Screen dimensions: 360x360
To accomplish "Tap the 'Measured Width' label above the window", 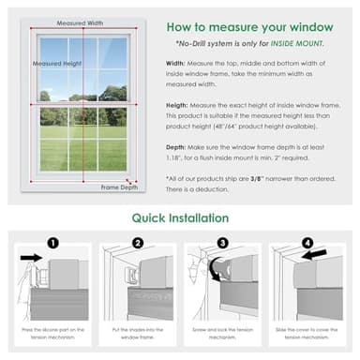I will [81, 21].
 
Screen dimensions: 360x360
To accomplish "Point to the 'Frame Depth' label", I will [119, 187].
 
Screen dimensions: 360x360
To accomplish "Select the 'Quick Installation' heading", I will [180, 218].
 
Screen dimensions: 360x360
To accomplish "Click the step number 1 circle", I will [52, 242].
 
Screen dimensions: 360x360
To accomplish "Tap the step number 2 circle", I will [137, 242].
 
